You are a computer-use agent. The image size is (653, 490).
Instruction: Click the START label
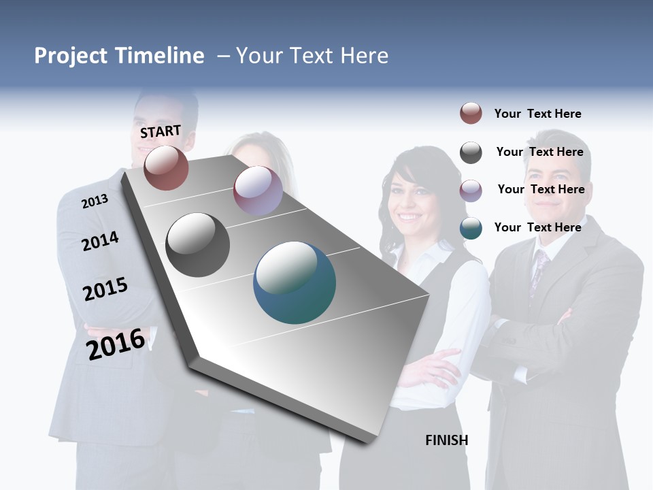tap(161, 131)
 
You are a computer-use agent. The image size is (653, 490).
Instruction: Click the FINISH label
tap(446, 440)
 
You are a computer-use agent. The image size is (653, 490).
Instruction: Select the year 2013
tap(95, 201)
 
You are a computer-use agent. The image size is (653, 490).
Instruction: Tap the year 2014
tap(100, 241)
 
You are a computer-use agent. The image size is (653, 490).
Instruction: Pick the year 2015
tap(105, 289)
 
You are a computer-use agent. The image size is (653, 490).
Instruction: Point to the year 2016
tap(116, 344)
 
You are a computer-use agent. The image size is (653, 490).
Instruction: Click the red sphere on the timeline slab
tap(166, 167)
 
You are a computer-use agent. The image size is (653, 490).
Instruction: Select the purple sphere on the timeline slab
tap(258, 191)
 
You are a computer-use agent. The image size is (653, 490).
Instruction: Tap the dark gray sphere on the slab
tap(197, 245)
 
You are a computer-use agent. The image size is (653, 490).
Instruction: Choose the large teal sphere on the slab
tap(295, 282)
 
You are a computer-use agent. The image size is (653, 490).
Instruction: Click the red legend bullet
tap(471, 113)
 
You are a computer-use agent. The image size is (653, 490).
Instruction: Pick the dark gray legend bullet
tap(471, 152)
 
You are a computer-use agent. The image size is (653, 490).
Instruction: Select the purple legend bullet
tap(471, 191)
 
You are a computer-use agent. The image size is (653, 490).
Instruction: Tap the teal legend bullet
tap(471, 228)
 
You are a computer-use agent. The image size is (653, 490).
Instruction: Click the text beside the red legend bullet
tap(537, 114)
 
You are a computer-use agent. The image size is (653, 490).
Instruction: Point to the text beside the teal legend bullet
tap(537, 227)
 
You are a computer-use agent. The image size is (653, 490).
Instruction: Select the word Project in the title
tap(71, 56)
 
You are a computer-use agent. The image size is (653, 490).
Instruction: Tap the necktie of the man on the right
tap(539, 269)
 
